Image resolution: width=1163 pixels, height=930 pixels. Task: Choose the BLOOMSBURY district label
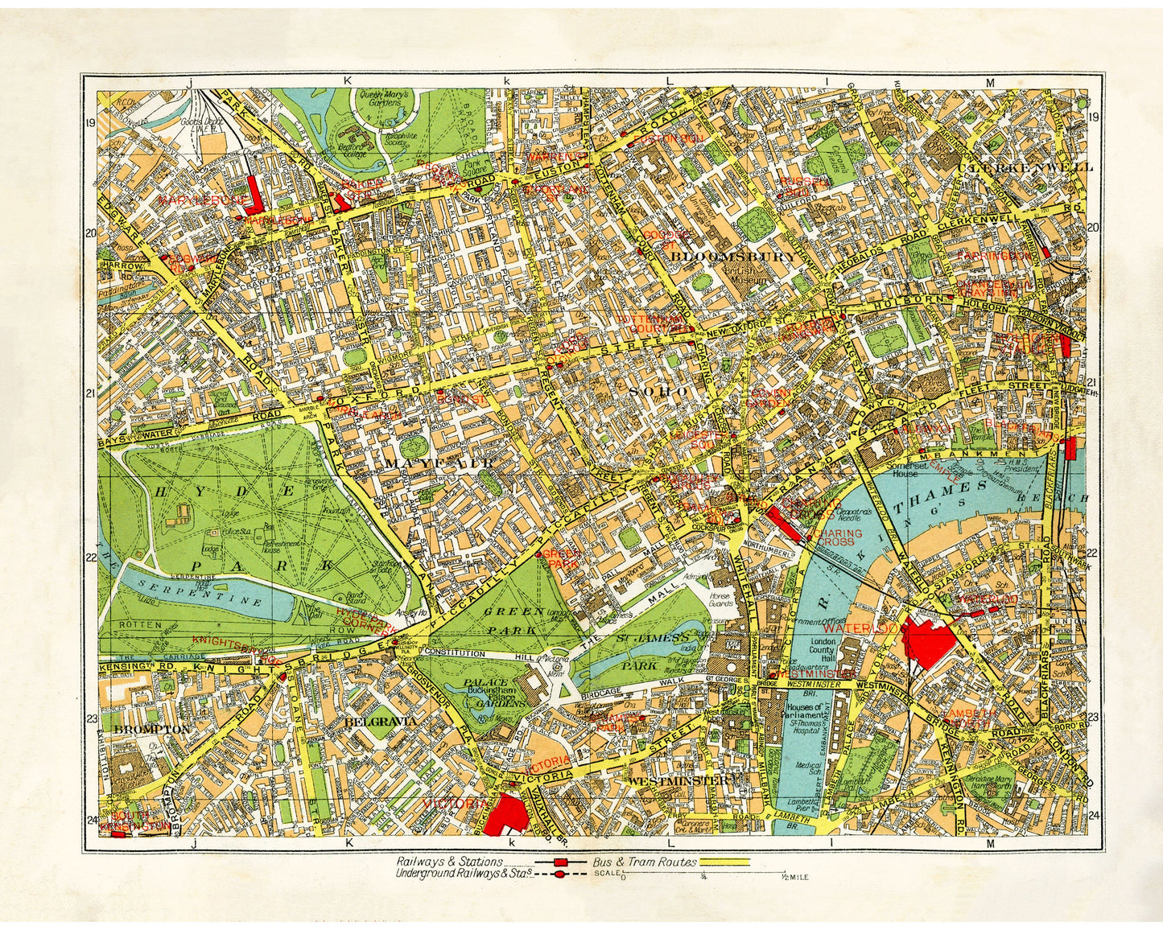(x=732, y=256)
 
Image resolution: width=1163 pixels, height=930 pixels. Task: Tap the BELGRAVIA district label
(x=380, y=722)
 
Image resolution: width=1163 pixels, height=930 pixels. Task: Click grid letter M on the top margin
(x=990, y=82)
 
